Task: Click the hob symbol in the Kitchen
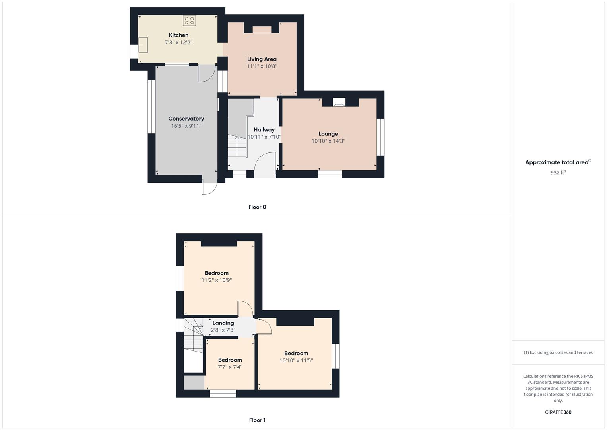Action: coord(189,20)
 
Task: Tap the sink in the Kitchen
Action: coord(143,45)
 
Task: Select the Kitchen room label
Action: coord(178,35)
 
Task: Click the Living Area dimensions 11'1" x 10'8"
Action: coord(262,66)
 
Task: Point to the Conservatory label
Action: coord(186,119)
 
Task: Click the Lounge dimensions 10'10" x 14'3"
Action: coord(328,141)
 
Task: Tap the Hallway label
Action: coord(264,130)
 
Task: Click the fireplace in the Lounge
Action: coord(339,102)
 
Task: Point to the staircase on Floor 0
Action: coord(237,147)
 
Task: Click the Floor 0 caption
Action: coord(257,207)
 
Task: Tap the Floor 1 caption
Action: coord(257,420)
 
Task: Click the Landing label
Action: coord(223,323)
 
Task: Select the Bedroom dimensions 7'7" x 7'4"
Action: coord(230,367)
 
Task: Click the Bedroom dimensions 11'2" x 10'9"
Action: coord(217,280)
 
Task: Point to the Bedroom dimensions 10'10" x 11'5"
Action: coord(296,360)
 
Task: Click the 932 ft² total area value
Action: coord(558,172)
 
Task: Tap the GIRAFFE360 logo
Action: coord(558,412)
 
